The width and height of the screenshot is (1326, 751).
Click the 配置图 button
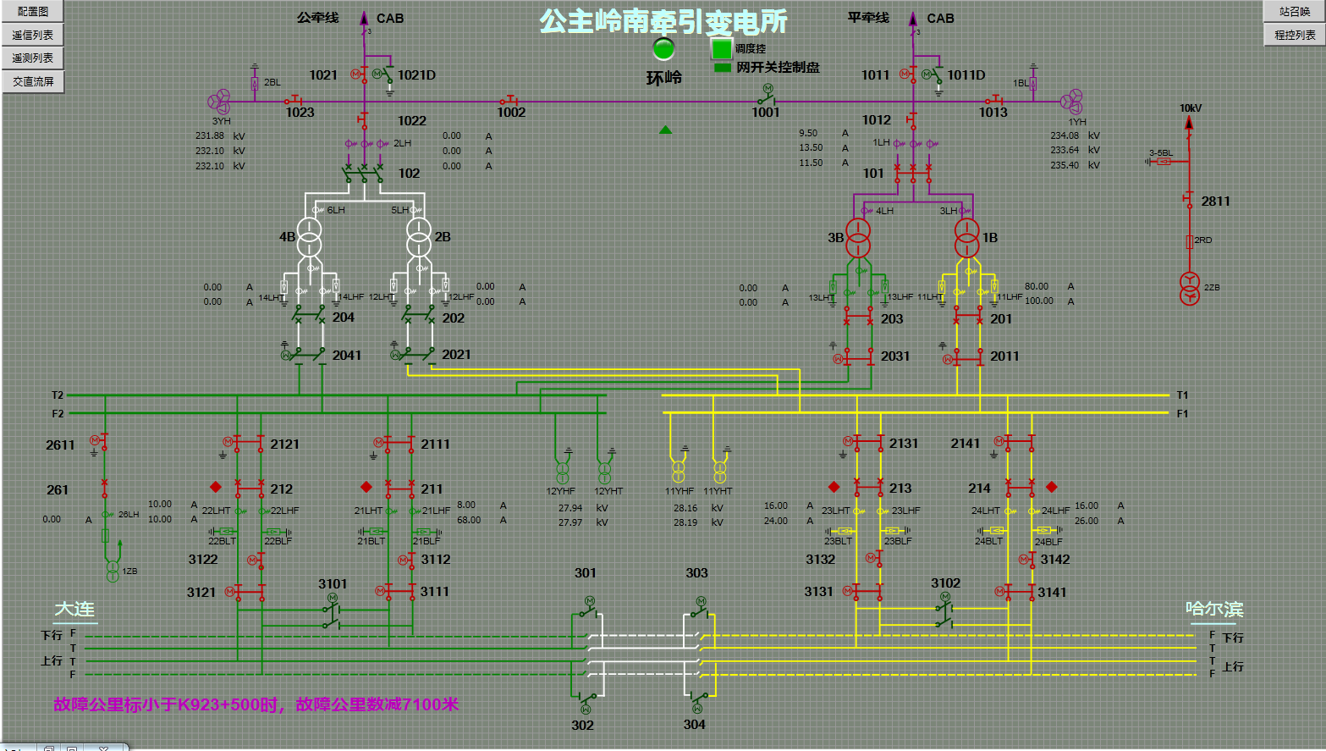click(x=33, y=12)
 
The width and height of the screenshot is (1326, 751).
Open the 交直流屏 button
click(x=33, y=81)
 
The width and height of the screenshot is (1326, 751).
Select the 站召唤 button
click(x=1294, y=12)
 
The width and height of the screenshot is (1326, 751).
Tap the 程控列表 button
click(x=1294, y=35)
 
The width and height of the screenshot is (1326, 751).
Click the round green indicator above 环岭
click(x=663, y=48)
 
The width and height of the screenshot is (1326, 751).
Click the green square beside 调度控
click(x=721, y=49)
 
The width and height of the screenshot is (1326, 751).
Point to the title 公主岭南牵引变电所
click(x=663, y=21)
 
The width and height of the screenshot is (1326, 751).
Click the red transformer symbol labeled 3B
click(x=858, y=238)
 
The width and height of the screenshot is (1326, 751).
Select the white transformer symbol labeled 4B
click(x=309, y=237)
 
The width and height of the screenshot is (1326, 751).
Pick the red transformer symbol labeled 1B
click(x=966, y=238)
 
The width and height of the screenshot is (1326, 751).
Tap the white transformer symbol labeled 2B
click(x=419, y=237)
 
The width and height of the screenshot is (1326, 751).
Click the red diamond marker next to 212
click(x=216, y=487)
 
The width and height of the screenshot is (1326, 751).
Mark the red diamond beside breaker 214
click(x=1052, y=487)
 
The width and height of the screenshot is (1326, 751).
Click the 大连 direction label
click(x=74, y=610)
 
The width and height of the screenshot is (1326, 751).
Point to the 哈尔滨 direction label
click(x=1213, y=610)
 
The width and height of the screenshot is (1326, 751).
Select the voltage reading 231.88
click(x=210, y=135)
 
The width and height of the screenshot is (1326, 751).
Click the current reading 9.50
click(x=808, y=133)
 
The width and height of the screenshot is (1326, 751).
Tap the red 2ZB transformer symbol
click(x=1190, y=289)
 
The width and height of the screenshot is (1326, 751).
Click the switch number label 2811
click(x=1215, y=201)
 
